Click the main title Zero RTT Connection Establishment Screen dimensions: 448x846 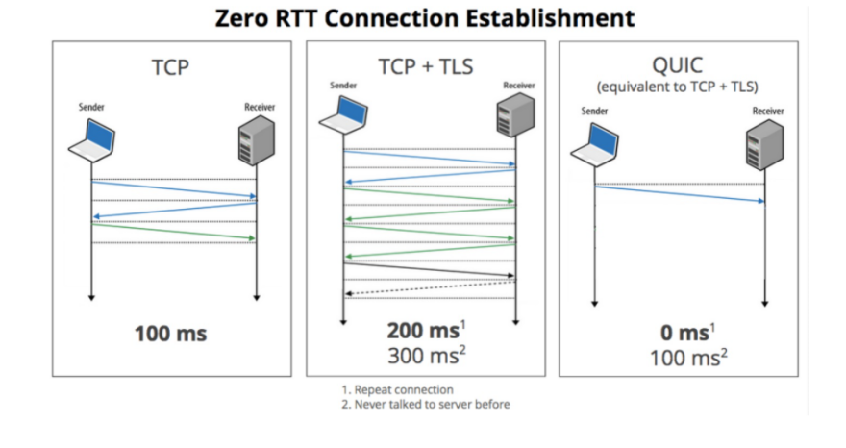pyautogui.click(x=423, y=17)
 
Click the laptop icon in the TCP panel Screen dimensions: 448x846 pyautogui.click(x=92, y=140)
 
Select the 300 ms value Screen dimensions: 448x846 pyautogui.click(x=424, y=356)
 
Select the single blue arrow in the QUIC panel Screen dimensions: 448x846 pyautogui.click(x=681, y=193)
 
